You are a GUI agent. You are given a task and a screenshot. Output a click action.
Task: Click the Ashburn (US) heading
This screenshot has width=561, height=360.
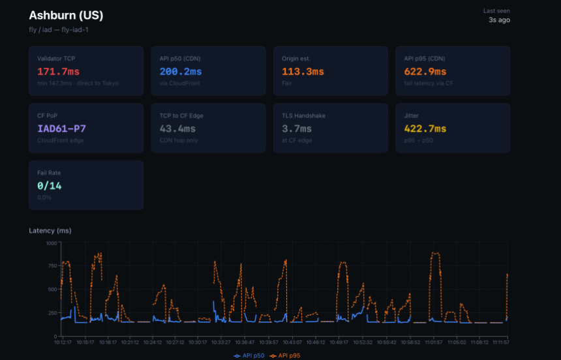click(66, 15)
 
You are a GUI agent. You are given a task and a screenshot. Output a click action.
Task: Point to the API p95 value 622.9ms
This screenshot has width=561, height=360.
click(425, 72)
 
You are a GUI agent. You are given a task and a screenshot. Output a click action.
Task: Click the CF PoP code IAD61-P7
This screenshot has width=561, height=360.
click(62, 129)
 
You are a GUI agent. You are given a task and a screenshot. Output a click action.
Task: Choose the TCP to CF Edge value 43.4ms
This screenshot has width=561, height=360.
click(177, 129)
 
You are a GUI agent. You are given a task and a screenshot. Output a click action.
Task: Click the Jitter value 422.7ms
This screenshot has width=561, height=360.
click(425, 129)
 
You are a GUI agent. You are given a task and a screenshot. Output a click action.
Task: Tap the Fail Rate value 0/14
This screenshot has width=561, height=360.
click(50, 186)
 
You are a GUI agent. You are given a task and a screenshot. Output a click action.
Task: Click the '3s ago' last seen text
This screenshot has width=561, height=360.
click(499, 20)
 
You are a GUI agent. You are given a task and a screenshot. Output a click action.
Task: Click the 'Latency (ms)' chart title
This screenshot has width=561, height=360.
click(50, 230)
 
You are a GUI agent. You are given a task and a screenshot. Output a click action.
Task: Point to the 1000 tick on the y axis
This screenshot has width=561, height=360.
click(52, 243)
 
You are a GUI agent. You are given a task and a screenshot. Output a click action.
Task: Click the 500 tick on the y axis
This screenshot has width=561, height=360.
click(53, 289)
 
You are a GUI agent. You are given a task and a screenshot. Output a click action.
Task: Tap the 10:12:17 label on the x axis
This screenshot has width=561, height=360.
click(64, 342)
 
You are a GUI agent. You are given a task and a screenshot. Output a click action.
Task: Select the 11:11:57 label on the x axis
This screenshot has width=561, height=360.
click(500, 342)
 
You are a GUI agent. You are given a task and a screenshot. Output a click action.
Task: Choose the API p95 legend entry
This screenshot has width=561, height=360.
click(286, 355)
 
